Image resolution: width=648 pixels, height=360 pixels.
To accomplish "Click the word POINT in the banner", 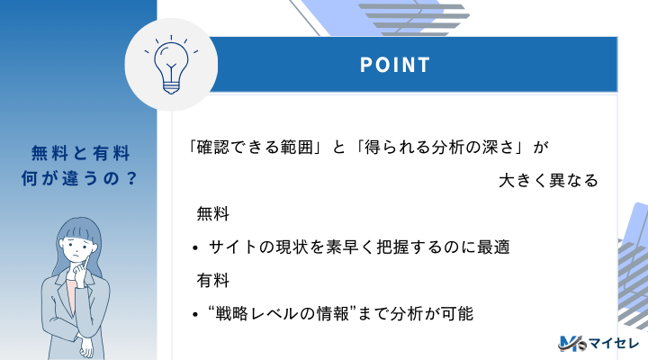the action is (395, 65).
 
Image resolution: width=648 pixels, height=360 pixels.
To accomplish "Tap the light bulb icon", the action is (171, 65).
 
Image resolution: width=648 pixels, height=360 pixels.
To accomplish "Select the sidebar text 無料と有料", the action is (81, 153).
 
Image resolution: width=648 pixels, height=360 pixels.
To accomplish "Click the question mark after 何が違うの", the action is (131, 178).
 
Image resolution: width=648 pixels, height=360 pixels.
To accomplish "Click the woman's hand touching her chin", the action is (80, 271).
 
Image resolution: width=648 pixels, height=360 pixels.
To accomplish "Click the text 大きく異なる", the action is (548, 181).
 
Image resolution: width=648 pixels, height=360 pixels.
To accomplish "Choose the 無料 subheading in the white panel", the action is (212, 214).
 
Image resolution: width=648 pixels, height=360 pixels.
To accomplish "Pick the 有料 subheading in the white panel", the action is (212, 281).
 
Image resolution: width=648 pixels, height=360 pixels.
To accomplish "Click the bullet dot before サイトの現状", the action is (195, 248).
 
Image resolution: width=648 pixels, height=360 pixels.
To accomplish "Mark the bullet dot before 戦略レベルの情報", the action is (195, 314).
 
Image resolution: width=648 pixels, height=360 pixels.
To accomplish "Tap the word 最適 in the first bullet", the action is (493, 247).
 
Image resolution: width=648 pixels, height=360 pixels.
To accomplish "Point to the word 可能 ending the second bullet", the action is (456, 314).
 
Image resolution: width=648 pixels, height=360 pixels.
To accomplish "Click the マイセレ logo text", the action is (614, 343).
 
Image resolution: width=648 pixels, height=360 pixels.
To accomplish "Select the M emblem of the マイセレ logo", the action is (571, 343).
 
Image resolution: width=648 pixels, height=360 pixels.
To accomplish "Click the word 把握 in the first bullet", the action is (393, 247).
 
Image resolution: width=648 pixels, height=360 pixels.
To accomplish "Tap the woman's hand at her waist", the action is (86, 346).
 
